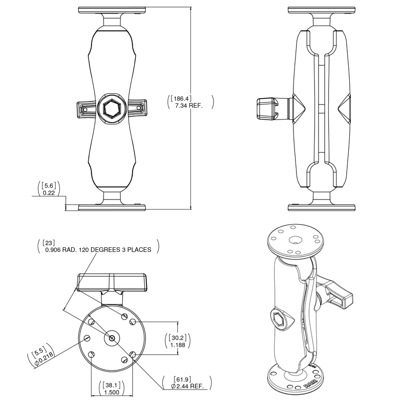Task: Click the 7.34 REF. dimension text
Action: [x=188, y=106]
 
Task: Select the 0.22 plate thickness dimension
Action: [x=49, y=192]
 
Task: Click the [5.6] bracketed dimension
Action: [x=49, y=184]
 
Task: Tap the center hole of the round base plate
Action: [x=111, y=338]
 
